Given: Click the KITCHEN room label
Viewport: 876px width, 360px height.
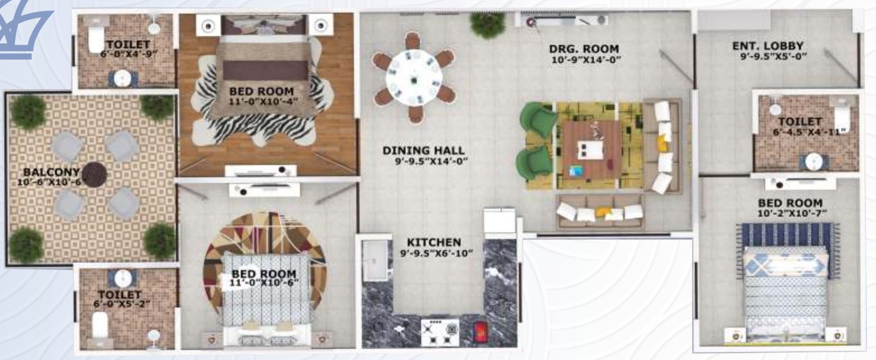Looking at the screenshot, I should pos(433,243).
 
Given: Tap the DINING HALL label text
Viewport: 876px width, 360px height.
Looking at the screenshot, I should pos(424,150).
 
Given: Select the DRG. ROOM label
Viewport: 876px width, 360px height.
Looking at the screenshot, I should pos(586,49).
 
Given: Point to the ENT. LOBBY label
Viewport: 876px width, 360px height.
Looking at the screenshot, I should pos(768,46).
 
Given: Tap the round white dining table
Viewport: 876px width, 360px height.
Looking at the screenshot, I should pos(414,77).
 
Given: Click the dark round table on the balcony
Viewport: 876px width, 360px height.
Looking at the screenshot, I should pos(96,174).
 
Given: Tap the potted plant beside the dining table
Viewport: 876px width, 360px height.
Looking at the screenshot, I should pos(487,24).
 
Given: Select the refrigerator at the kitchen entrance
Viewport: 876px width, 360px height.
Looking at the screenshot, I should pos(500,220).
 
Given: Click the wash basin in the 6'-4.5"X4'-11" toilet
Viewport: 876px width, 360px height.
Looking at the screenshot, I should pos(814,161).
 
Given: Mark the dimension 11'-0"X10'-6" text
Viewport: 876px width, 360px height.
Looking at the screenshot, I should pos(264,284).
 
